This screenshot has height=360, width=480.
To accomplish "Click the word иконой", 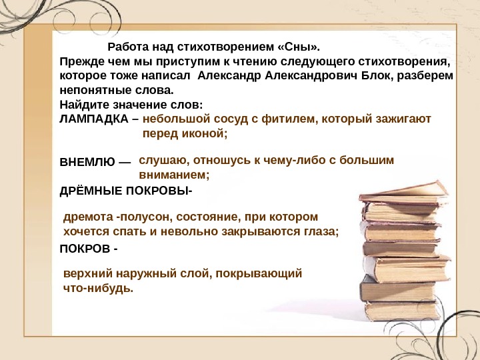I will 204,134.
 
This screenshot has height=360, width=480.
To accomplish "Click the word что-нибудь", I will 98,289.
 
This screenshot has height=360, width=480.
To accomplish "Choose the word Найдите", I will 81,105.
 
